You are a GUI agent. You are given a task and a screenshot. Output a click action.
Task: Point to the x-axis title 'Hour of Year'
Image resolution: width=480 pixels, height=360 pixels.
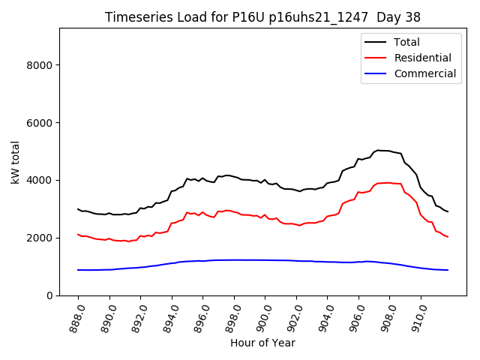[262, 343]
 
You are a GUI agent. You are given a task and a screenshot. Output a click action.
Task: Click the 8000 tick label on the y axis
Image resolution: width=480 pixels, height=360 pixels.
[38, 65]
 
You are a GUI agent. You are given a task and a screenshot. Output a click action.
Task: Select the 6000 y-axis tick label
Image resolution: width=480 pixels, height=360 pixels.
[38, 123]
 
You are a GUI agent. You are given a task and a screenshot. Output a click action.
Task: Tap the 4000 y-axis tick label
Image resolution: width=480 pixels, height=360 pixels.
[38, 181]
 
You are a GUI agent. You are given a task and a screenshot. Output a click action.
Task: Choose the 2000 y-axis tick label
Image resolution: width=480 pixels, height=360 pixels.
[38, 238]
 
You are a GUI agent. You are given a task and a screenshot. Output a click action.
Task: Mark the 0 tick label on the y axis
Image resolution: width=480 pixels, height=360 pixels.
[49, 295]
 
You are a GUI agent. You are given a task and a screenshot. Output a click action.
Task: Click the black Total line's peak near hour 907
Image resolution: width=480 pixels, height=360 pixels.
[380, 150]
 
